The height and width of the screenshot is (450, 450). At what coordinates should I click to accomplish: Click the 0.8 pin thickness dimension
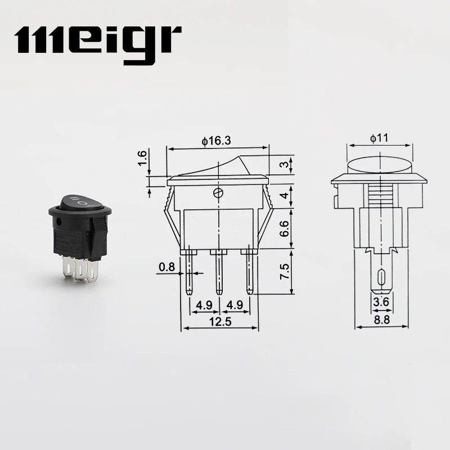coord(166,267)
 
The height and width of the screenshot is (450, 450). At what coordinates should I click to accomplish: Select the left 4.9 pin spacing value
coord(204,307)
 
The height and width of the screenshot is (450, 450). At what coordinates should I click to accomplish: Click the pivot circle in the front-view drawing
coord(218,193)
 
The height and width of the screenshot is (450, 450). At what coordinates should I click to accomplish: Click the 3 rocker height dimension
coord(286,164)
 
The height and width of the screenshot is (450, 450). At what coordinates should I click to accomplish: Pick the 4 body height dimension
coord(286,196)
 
